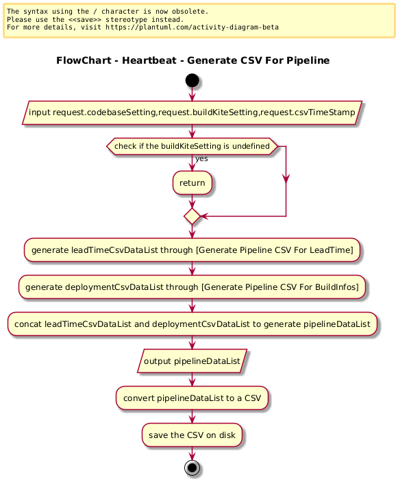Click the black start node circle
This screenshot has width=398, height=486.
point(192,80)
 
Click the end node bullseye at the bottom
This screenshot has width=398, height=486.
point(192,467)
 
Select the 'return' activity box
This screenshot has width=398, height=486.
point(192,183)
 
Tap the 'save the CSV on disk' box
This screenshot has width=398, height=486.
point(192,435)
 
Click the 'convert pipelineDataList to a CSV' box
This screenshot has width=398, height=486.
point(192,398)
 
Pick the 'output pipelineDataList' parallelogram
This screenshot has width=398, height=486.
point(192,361)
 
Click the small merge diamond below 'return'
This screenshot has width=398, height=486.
point(192,217)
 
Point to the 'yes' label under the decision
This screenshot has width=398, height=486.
point(201,159)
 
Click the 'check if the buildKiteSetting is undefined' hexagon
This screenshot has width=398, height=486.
point(192,146)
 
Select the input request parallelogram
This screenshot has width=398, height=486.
point(192,112)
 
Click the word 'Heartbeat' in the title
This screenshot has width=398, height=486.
point(149,60)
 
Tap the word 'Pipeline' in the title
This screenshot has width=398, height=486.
point(308,60)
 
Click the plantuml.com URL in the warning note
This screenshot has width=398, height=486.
point(192,27)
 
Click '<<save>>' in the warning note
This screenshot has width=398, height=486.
point(84,19)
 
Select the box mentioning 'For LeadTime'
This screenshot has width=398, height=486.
point(192,250)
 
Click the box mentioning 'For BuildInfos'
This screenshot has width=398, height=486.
point(192,287)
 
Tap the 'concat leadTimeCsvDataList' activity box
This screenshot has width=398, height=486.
point(192,324)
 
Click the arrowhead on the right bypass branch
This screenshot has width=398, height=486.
point(286,178)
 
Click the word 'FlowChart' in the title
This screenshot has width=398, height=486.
point(84,60)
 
